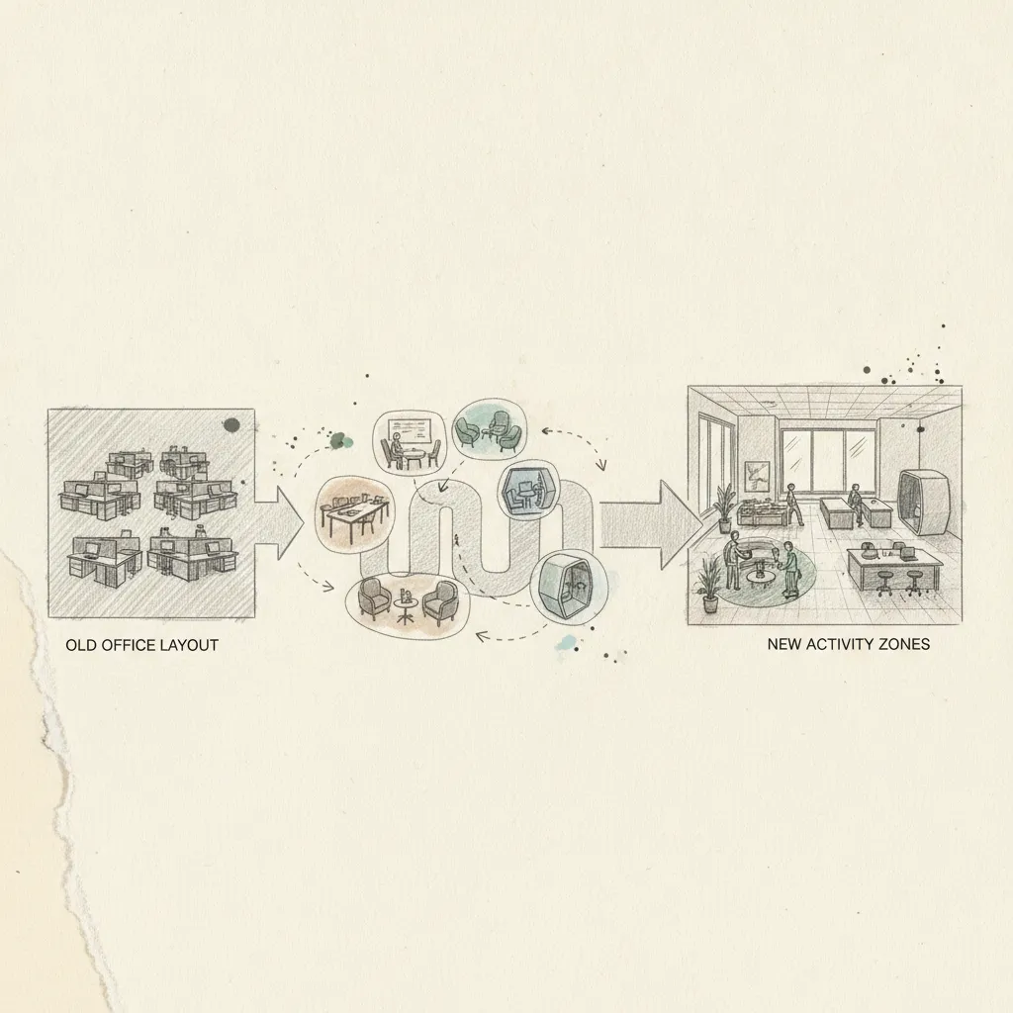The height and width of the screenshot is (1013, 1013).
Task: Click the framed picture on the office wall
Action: [x=757, y=477]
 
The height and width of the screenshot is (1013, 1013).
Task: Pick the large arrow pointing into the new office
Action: [x=650, y=525]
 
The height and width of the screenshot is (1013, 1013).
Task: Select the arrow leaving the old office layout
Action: [x=279, y=523]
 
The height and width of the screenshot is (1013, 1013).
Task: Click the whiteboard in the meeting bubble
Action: [x=409, y=431]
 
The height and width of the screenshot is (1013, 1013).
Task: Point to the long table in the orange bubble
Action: [x=354, y=513]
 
